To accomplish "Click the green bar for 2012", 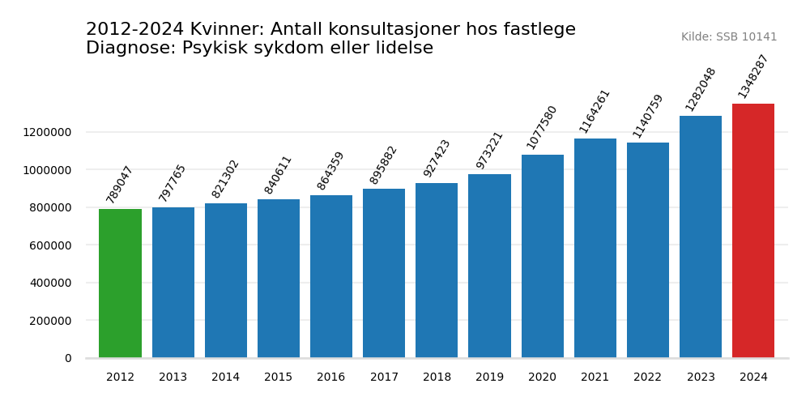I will pyautogui.click(x=120, y=283).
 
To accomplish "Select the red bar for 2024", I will pyautogui.click(x=753, y=231).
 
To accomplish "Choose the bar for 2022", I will pyautogui.click(x=648, y=250).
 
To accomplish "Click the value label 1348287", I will pyautogui.click(x=753, y=76).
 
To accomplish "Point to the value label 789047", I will pyautogui.click(x=120, y=184).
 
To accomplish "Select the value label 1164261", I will pyautogui.click(x=595, y=111).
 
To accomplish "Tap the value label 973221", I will pyautogui.click(x=489, y=150).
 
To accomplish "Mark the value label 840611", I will pyautogui.click(x=278, y=174).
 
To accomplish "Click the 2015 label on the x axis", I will pyautogui.click(x=278, y=377).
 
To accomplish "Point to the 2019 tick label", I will pyautogui.click(x=489, y=377).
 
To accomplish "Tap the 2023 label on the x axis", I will pyautogui.click(x=701, y=377).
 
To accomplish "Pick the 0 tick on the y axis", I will pyautogui.click(x=68, y=358).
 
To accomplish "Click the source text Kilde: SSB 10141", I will pyautogui.click(x=729, y=37).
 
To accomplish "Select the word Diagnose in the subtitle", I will pyautogui.click(x=130, y=49).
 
